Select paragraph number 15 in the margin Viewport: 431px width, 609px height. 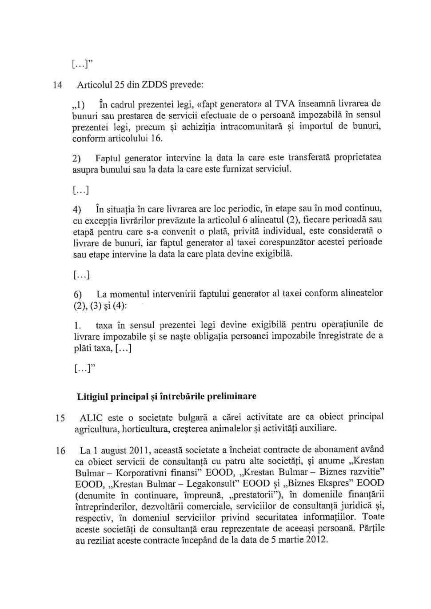60,418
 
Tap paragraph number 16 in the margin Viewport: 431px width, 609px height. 60,451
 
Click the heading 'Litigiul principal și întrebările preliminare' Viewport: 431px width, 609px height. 167,396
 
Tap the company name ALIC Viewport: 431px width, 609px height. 91,418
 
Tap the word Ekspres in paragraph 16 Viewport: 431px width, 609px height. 335,483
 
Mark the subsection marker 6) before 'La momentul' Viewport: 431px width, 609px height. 78,295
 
